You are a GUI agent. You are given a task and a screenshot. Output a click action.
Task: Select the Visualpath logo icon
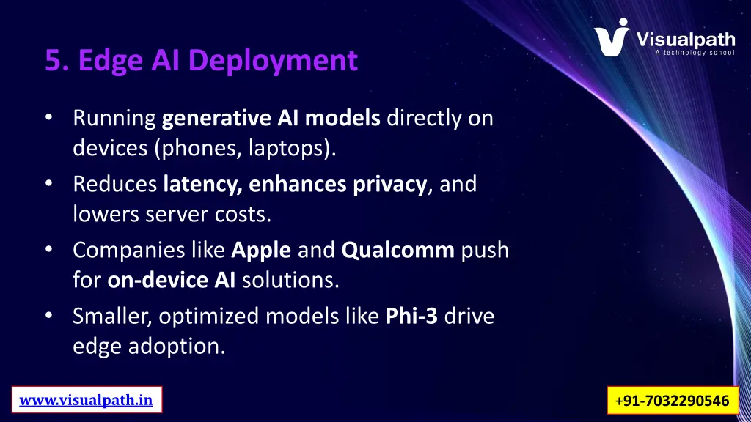pos(612,37)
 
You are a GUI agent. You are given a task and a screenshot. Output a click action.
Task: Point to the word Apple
pos(262,250)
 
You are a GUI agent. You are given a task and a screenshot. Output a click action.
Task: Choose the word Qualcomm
pos(398,250)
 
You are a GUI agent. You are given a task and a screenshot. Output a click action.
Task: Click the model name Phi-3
pos(411,316)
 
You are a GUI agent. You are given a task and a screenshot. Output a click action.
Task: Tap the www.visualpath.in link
pos(87,400)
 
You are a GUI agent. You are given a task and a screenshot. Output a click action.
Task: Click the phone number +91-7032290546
pos(673,401)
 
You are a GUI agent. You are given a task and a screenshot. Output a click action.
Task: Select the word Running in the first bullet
pos(114,118)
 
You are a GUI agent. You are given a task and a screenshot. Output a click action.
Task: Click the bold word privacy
pos(390,184)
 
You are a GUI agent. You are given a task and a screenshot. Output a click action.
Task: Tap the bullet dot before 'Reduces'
pos(48,184)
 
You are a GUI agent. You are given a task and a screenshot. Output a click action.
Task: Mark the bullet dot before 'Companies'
pos(48,250)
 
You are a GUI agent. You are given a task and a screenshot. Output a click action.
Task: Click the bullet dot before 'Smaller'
pos(48,316)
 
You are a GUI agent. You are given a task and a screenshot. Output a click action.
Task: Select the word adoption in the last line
pos(176,345)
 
